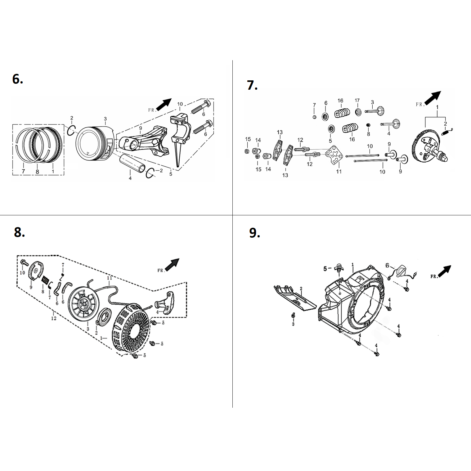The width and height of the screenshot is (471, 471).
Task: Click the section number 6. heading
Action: click(18, 79)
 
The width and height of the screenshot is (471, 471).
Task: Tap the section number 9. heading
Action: click(254, 233)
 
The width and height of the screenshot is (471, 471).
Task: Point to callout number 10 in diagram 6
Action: click(180, 104)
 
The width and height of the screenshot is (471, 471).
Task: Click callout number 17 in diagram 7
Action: click(357, 101)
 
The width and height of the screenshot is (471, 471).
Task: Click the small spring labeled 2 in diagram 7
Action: click(446, 132)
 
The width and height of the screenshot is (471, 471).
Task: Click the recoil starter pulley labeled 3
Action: click(82, 303)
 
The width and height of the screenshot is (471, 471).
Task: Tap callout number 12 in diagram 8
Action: click(54, 318)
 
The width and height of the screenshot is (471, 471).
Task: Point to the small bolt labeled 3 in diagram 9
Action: click(293, 316)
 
